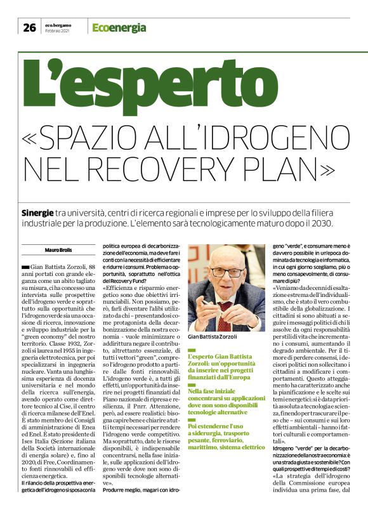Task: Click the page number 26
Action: (x=29, y=27)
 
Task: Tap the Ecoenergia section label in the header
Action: (x=119, y=28)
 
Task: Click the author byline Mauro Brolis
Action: (x=58, y=249)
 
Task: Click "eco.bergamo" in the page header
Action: (x=60, y=24)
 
